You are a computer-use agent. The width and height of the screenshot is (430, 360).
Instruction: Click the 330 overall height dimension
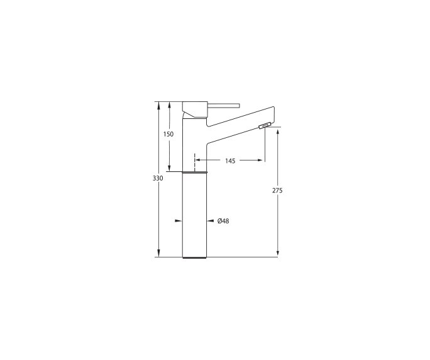point(158,179)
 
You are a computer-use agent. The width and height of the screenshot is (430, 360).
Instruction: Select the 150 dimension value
point(168,134)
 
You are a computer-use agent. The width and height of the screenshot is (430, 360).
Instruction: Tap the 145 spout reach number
point(229,162)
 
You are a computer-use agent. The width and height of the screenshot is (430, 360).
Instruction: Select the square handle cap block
point(194,108)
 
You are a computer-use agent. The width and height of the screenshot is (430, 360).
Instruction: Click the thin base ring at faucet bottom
point(194,257)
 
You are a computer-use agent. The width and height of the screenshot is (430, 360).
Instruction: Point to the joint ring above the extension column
point(194,171)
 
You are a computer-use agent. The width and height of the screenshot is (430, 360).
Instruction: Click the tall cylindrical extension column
point(194,214)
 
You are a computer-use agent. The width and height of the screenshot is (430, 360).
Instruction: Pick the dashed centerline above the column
point(195,160)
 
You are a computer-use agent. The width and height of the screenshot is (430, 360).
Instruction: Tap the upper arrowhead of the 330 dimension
point(158,104)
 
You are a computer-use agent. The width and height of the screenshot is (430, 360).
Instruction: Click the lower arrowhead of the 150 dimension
point(168,167)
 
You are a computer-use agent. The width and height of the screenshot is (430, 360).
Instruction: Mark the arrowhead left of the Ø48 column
point(179,221)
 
